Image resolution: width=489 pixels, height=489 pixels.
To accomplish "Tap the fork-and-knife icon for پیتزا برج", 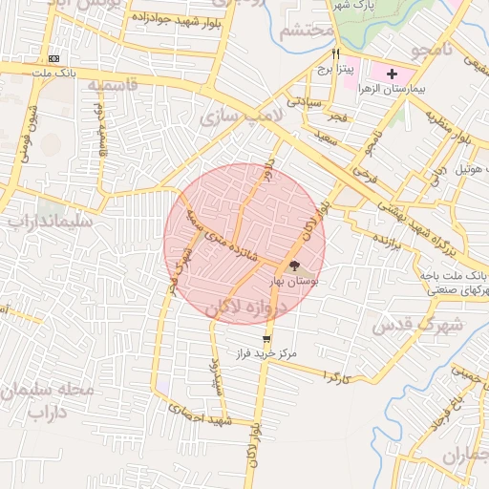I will [x=335, y=54].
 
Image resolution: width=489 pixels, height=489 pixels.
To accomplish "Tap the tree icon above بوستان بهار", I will [x=294, y=266].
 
